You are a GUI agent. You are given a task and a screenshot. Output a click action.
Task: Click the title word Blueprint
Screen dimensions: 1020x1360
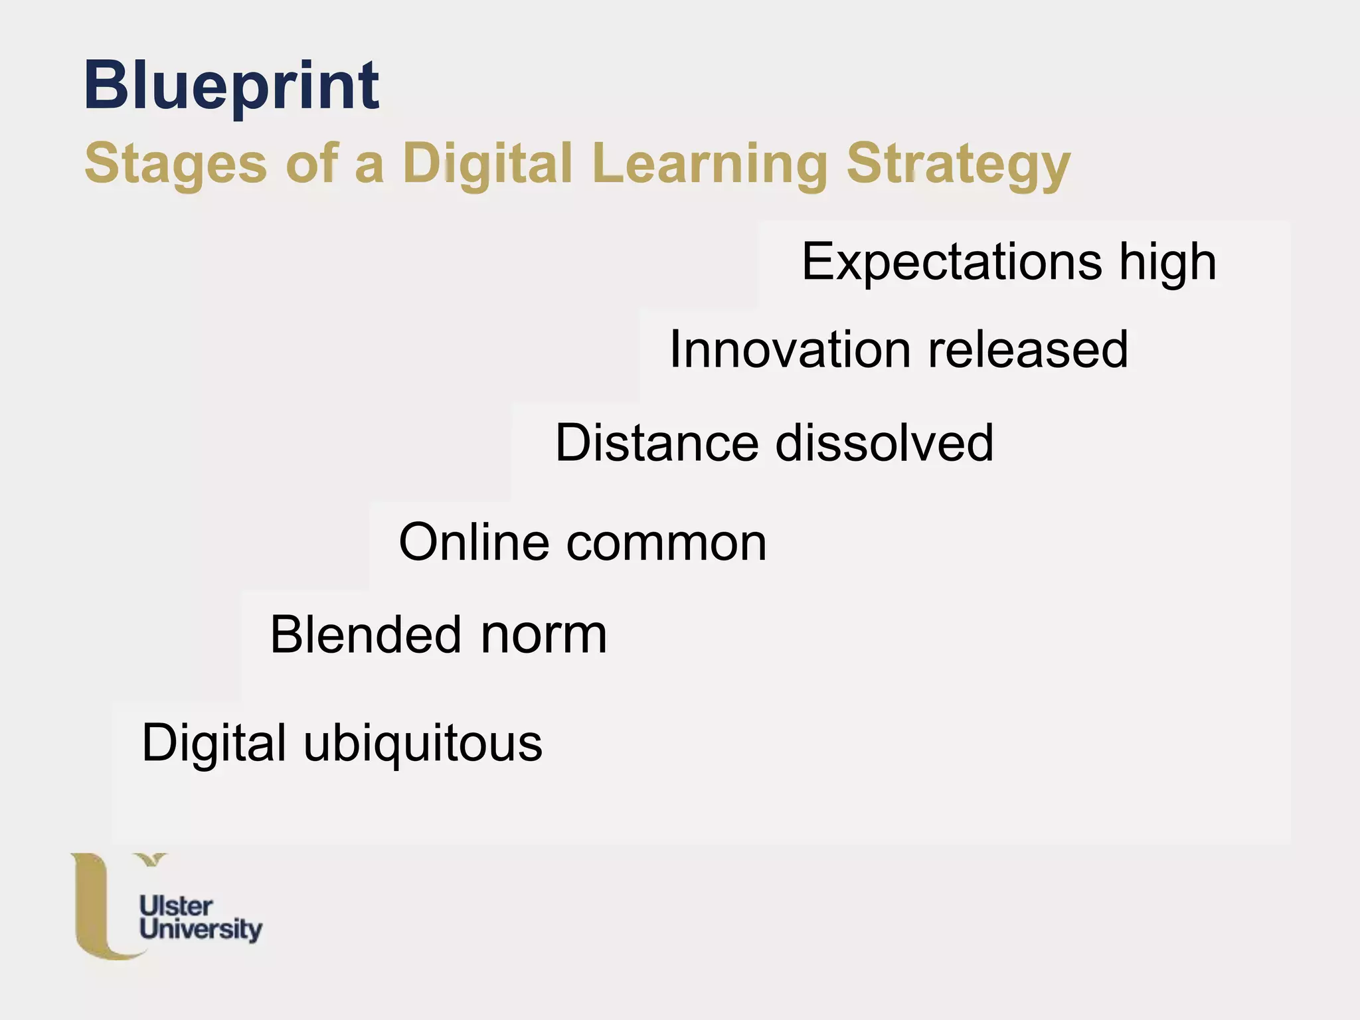pos(231,86)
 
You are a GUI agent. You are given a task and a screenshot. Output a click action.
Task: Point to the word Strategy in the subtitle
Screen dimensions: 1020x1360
pos(958,165)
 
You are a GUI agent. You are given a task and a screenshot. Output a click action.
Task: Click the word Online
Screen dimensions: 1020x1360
pos(473,543)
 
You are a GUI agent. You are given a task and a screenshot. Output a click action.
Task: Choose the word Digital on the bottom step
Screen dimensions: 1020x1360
pos(213,744)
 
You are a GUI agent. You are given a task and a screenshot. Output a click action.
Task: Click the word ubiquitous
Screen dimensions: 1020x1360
pos(423,744)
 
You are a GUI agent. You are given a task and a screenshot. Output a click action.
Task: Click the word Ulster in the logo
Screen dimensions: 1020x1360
pos(176,906)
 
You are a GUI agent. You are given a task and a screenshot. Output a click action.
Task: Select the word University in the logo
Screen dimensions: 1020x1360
pos(201,929)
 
